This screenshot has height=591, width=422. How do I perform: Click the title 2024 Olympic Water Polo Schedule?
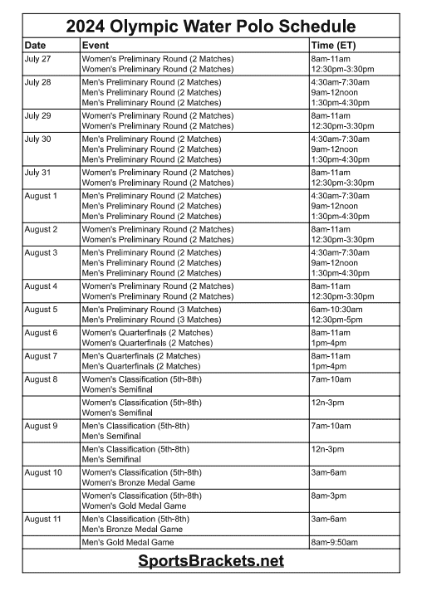coord(210,27)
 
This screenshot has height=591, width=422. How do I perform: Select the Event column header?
coord(96,44)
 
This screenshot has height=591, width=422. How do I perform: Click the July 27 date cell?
coord(38,59)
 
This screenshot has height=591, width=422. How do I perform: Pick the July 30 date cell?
coord(38,139)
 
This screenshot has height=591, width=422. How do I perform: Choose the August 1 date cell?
coord(42,196)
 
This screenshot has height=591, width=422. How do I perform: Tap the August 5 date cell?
coord(42,310)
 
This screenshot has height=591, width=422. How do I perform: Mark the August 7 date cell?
coord(42,356)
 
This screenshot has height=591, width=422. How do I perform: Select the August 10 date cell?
coord(43,472)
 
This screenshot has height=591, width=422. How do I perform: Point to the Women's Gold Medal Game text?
coord(134,506)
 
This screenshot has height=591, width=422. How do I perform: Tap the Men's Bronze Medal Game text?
coord(132,529)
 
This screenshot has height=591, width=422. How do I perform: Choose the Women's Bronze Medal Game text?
coord(138,482)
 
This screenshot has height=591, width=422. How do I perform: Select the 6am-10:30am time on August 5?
coord(336,310)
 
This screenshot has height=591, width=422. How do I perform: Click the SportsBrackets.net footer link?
coord(211,561)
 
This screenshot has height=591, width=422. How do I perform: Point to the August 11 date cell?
coord(43,519)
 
